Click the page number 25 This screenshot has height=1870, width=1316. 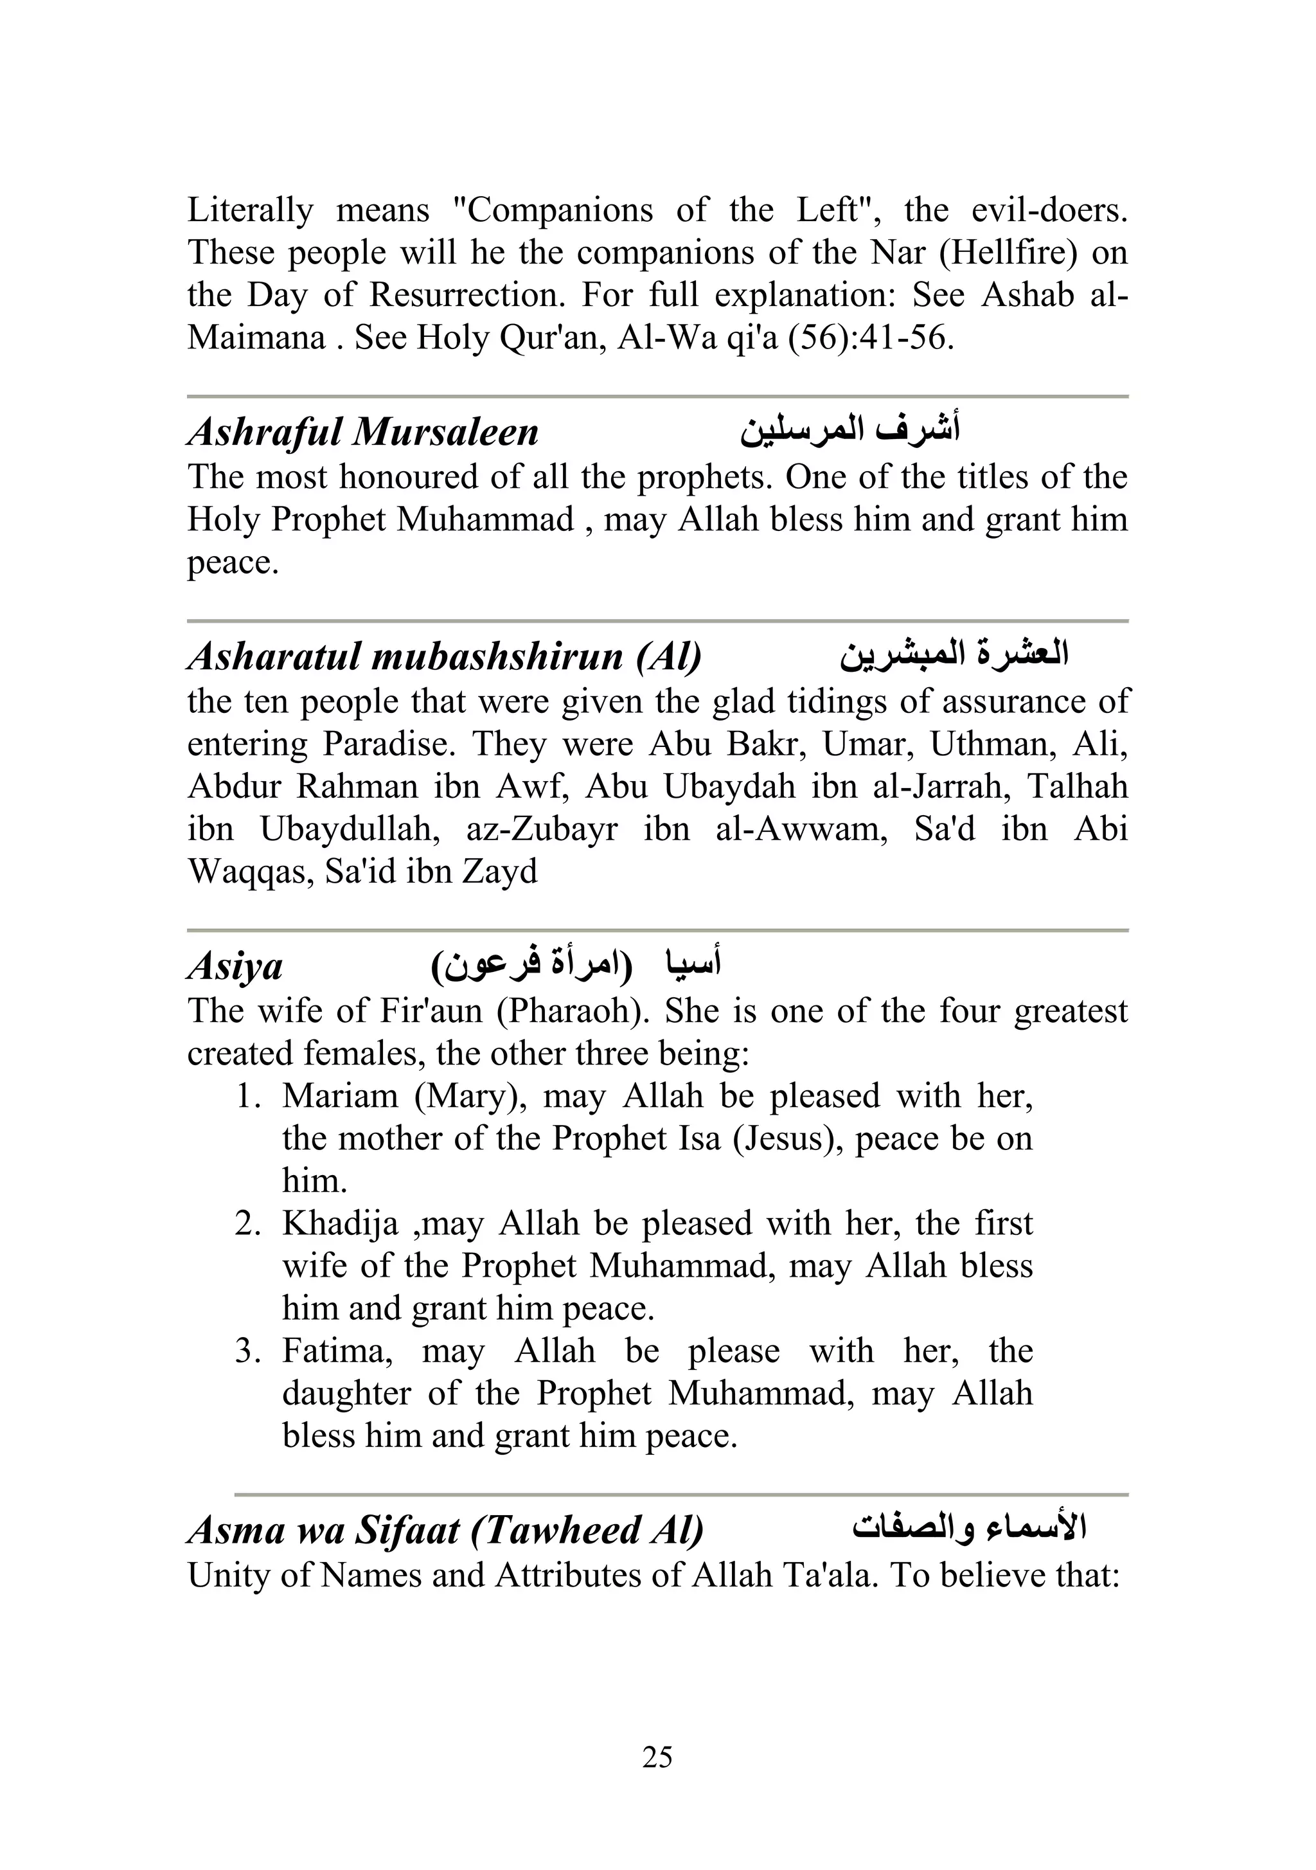[657, 1758]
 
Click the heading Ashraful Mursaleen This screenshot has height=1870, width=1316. [363, 433]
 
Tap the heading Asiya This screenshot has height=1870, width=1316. [235, 967]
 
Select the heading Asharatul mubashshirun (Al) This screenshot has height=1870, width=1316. [444, 656]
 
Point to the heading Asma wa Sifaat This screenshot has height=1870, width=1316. [445, 1531]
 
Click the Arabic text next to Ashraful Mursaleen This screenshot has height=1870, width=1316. [849, 429]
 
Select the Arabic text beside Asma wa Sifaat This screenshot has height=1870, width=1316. [969, 1528]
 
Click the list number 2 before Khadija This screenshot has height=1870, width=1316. [247, 1223]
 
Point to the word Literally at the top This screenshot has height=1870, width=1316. [250, 210]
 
